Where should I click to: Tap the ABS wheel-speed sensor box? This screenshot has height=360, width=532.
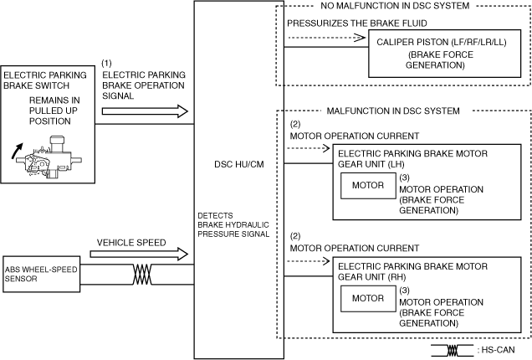(40, 274)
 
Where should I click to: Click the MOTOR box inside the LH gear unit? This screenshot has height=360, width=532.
(367, 186)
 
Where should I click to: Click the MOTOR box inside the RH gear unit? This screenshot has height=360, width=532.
(367, 298)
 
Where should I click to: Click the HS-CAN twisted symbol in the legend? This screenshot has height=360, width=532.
(455, 352)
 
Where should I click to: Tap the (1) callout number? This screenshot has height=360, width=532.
(106, 63)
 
